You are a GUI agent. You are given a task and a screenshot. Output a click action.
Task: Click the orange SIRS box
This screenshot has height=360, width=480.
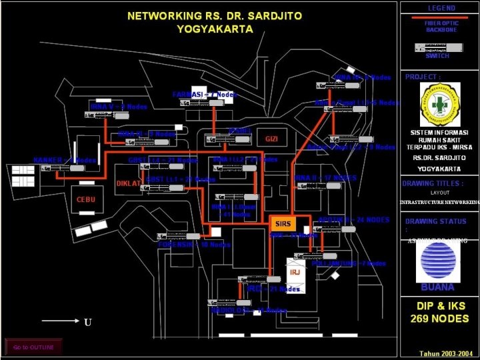[283, 224]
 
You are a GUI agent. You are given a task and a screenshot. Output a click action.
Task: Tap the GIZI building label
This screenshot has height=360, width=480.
[271, 139]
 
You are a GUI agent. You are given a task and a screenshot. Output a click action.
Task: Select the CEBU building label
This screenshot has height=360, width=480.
[86, 199]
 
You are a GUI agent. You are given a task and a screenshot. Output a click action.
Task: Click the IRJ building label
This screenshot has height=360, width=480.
[295, 272]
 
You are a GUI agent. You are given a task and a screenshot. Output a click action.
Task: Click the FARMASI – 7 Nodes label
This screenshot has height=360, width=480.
[205, 95]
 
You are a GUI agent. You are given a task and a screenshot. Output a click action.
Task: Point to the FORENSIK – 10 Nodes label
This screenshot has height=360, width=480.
[194, 245]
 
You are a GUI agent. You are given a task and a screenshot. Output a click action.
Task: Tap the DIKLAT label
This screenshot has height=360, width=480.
[129, 183]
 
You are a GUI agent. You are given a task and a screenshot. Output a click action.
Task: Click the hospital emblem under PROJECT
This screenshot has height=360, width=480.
[439, 105]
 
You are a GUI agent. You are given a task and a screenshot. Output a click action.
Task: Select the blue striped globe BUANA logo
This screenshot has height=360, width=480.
[437, 262]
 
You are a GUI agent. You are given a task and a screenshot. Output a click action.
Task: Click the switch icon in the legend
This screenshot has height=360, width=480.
[439, 47]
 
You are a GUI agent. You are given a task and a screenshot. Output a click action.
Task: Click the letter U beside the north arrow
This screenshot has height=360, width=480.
[87, 323]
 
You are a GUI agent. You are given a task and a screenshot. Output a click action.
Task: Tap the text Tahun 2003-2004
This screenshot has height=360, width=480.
[446, 353]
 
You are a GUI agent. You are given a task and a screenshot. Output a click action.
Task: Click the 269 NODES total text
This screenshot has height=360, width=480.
[439, 319]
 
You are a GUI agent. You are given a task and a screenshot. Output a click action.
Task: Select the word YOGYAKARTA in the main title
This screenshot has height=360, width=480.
[215, 29]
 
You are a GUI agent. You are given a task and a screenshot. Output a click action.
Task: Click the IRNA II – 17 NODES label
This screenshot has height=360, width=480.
[325, 178]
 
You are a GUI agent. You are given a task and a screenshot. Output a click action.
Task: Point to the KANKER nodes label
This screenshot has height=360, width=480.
[65, 160]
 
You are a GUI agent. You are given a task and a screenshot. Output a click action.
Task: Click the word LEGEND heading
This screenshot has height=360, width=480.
[441, 8]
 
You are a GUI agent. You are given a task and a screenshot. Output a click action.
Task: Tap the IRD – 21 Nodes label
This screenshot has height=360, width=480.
[273, 289]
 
